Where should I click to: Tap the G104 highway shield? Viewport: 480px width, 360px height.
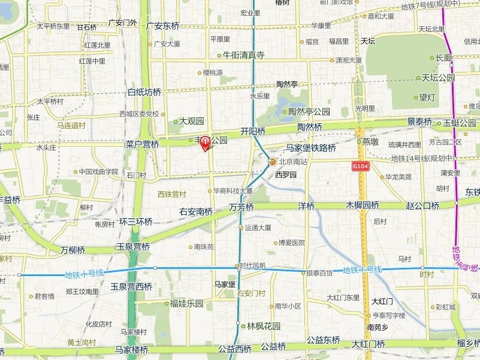(360, 164)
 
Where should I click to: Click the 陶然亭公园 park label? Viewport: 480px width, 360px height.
(309, 111)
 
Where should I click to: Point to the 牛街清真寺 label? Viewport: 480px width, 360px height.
(243, 55)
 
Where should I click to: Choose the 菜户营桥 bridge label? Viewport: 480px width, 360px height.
(142, 144)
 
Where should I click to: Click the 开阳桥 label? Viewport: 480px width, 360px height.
(253, 131)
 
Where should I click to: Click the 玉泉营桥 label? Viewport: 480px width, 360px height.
(133, 246)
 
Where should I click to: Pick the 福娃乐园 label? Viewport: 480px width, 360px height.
(186, 303)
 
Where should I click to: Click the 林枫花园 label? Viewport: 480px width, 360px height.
(264, 326)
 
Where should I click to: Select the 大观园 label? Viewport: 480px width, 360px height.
(192, 121)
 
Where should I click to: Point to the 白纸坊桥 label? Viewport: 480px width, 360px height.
(144, 92)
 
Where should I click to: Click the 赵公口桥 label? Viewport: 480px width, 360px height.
(422, 205)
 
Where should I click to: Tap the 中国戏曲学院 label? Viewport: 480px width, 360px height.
(99, 171)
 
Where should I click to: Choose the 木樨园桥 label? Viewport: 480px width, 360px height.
(363, 205)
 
